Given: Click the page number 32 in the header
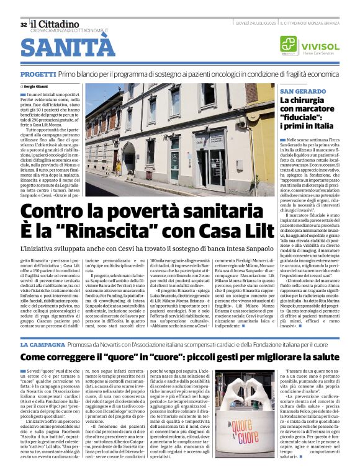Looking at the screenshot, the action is point(24,25).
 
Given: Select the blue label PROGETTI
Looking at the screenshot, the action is point(38,74).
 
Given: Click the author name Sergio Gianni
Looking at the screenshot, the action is point(36,86).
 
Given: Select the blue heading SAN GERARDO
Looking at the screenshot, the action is point(302,91).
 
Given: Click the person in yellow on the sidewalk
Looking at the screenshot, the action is point(118,167).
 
